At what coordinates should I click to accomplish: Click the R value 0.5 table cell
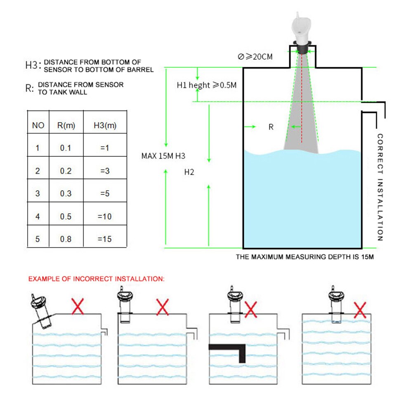[66, 217]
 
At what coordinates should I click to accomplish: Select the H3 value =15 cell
[104, 239]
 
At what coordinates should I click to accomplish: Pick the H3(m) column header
[105, 126]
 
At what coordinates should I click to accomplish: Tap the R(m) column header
[66, 126]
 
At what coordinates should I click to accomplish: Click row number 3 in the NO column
[38, 194]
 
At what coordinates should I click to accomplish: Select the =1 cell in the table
[104, 148]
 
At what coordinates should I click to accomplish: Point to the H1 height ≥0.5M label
[207, 85]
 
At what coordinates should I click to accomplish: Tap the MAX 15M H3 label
[163, 156]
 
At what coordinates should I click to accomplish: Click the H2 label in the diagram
[189, 172]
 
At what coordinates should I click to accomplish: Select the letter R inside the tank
[271, 127]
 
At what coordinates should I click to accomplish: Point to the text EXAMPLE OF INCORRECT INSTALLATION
[96, 279]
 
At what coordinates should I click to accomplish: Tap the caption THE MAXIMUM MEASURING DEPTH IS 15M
[304, 257]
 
